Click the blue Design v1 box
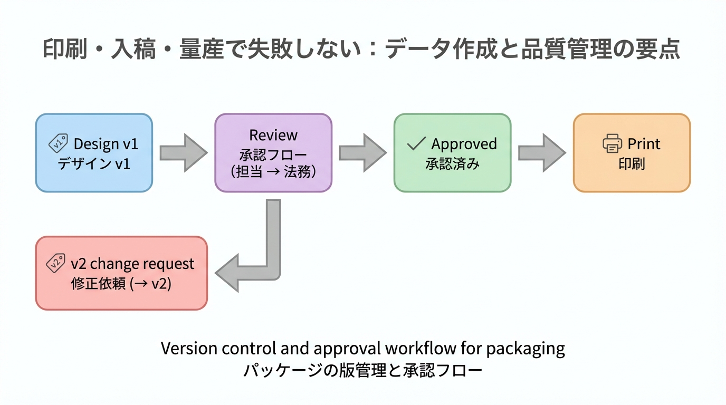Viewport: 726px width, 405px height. [94, 153]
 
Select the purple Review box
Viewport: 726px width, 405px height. [273, 153]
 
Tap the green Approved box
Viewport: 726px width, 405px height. [452, 153]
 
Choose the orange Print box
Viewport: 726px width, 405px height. [632, 153]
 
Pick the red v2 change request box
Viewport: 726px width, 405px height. [121, 273]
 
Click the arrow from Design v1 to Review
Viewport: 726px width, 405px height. [183, 153]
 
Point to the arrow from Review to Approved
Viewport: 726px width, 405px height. [362, 153]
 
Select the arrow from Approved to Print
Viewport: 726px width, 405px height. [542, 153]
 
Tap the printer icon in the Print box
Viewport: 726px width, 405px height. [612, 143]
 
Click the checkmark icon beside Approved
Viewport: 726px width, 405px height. [416, 143]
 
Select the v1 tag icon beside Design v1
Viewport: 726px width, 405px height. [58, 143]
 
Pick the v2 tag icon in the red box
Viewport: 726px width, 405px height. [56, 263]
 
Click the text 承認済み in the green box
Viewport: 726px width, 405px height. [452, 164]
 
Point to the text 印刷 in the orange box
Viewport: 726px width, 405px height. [632, 164]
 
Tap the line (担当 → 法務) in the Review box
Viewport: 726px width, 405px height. [273, 172]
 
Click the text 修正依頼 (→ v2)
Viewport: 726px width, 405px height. [121, 284]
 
